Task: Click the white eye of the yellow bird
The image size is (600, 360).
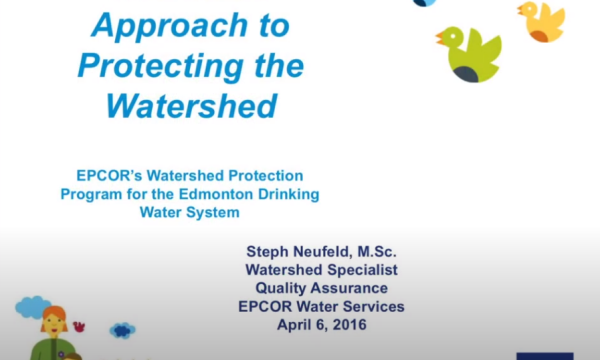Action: point(530,9)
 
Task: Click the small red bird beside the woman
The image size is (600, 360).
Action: point(79,326)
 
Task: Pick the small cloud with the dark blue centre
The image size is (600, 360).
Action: point(122,330)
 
